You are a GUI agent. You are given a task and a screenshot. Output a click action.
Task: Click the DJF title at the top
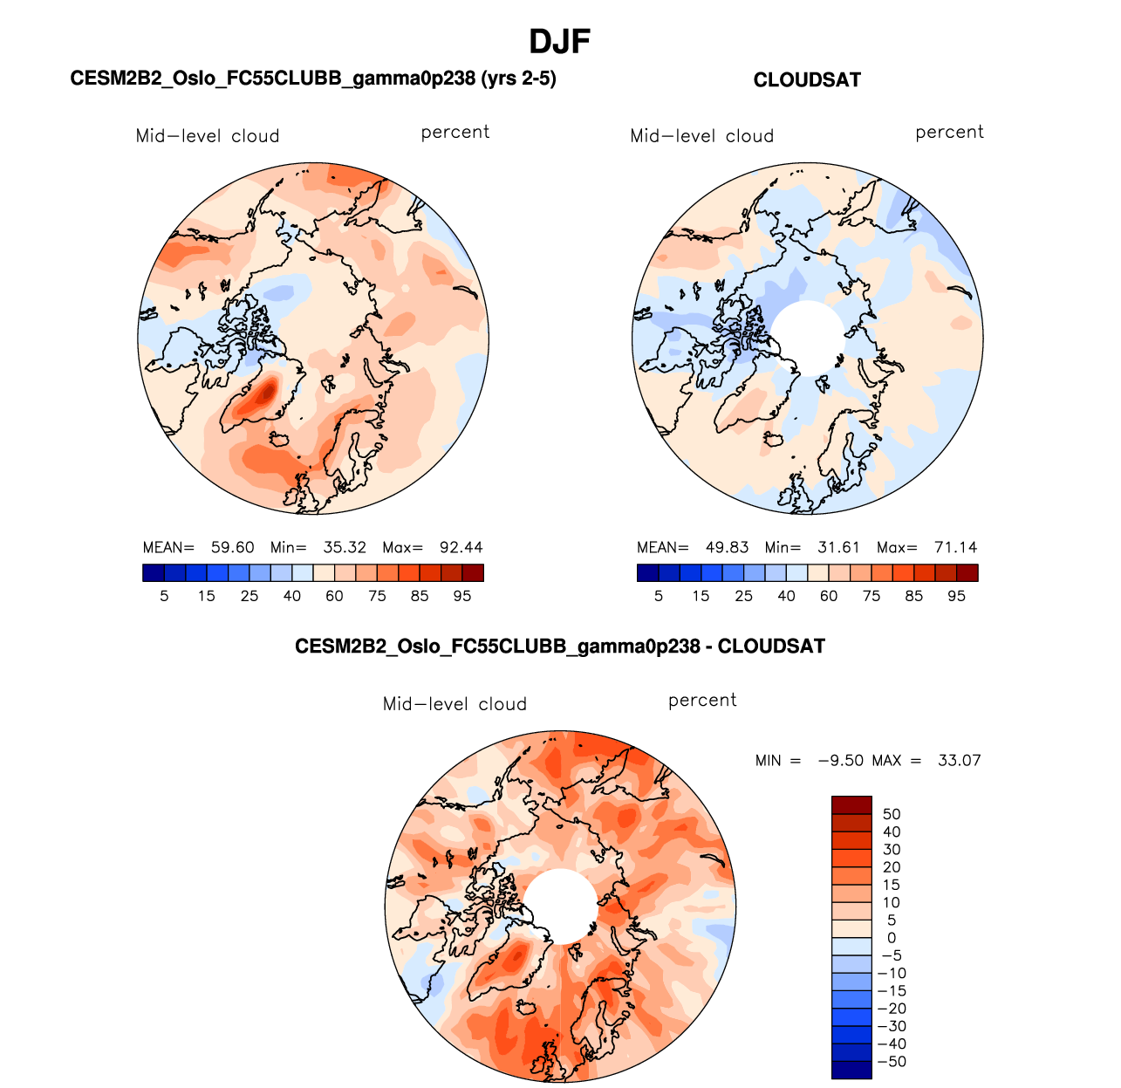560,41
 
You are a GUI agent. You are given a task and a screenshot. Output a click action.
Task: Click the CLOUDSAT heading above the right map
807,80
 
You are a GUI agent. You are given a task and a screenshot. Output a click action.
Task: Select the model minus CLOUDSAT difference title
560,647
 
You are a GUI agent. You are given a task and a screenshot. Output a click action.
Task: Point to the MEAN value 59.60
233,548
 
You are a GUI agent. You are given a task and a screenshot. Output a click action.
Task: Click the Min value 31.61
838,548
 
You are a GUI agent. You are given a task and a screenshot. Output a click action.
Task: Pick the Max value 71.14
955,548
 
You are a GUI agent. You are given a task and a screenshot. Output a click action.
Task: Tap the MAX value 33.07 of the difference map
959,761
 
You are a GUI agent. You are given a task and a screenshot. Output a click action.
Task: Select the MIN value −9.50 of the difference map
840,761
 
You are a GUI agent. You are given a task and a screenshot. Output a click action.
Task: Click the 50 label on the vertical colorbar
892,815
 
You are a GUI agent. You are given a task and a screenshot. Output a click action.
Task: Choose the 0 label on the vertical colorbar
892,938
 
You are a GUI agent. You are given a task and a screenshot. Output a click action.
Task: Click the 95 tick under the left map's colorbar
462,596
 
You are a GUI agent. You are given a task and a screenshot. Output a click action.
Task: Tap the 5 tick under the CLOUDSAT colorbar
659,596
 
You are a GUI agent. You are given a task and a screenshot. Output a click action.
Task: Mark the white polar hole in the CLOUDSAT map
808,339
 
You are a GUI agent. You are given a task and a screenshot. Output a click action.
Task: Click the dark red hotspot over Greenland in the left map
264,397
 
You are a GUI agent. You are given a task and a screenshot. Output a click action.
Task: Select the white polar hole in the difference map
560,906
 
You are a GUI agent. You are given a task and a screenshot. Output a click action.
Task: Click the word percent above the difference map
702,701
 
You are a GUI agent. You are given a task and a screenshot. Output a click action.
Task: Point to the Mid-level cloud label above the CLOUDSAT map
702,136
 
